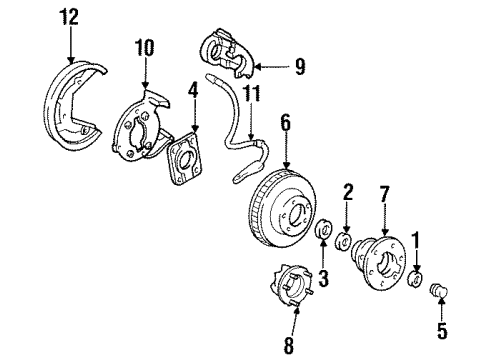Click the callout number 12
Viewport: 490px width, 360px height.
pos(67,17)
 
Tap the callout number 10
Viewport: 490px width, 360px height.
pos(146,47)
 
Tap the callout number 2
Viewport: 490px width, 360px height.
pos(348,190)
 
